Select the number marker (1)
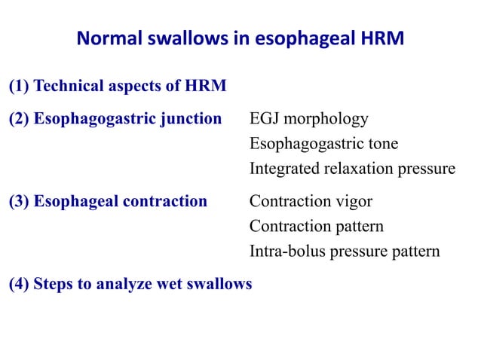pos(20,87)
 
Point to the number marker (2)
pos(20,119)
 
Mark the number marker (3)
pos(20,201)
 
